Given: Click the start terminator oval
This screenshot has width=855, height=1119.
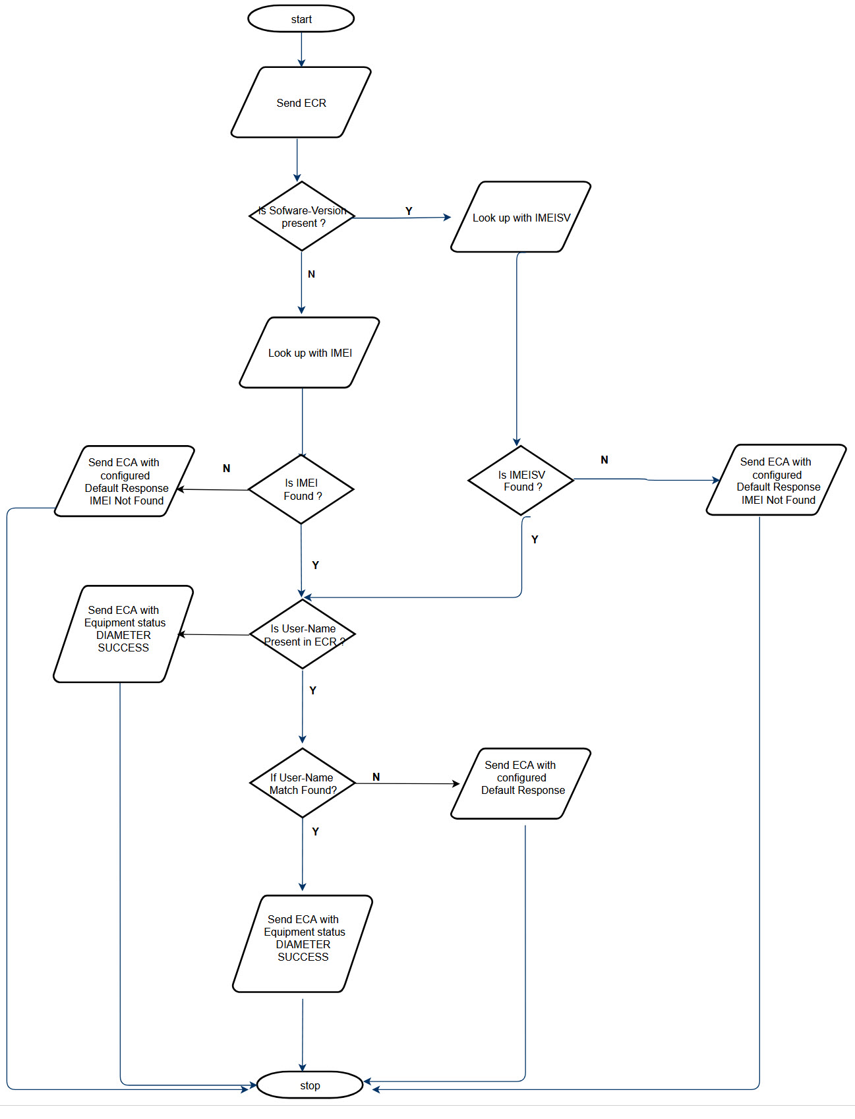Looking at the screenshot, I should pos(301,18).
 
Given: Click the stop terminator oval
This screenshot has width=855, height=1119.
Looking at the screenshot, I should pos(309,1085).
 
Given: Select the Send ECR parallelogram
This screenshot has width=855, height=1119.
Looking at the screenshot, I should pos(301,102).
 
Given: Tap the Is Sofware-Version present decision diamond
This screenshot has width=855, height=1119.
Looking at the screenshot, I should pos(302,216).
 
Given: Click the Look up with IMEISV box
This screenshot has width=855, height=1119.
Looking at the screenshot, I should pos(521,217).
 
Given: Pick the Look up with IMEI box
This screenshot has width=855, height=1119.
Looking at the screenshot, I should pos(309,353).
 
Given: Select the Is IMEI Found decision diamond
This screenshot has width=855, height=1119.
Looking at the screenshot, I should pos(301,489).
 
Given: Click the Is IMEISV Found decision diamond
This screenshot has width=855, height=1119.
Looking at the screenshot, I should pos(521,480).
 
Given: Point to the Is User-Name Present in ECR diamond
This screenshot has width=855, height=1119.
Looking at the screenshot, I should pos(303,634).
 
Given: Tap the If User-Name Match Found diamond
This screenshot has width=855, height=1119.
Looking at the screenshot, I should pos(303,783).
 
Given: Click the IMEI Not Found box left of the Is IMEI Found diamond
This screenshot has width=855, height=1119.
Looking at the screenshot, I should pos(125,481).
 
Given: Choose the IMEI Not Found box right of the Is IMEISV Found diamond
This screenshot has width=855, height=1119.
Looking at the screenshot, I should pos(777,480).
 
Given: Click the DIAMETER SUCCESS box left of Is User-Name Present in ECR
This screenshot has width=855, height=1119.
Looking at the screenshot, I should pos(123,634).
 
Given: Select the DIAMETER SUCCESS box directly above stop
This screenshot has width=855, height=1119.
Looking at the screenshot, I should pos(303,944).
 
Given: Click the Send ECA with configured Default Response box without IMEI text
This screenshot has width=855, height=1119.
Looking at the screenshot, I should pos(521,783).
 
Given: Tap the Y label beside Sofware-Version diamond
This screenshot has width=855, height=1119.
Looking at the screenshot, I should pos(409,211).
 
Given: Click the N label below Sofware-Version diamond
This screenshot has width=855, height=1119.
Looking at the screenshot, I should pos(311,274).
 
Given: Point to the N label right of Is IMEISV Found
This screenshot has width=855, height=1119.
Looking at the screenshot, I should pos(604,460).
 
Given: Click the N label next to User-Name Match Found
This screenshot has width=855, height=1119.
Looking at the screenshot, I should pos(376,777).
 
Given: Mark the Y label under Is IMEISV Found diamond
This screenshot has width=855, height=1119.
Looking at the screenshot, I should pos(535,539).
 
